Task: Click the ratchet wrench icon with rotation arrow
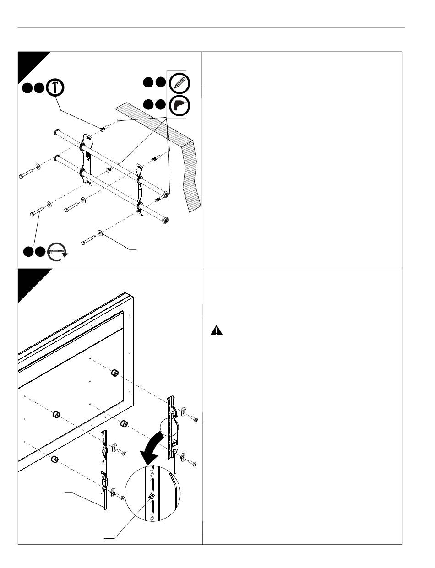(57, 251)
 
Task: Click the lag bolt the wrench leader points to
(37, 213)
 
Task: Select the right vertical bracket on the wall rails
(141, 188)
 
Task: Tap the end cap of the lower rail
(166, 220)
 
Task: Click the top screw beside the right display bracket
(193, 418)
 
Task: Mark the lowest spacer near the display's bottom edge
(54, 459)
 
